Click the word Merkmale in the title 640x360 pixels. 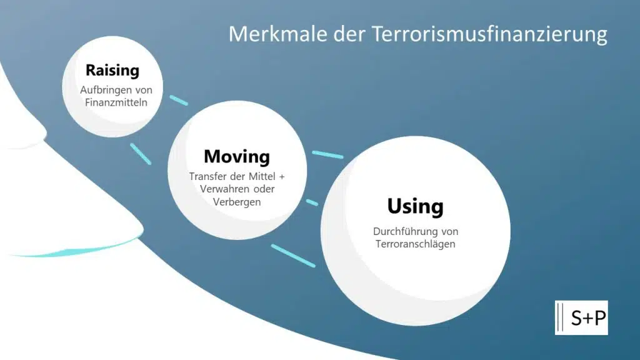click(278, 34)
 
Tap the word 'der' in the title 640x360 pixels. click(349, 34)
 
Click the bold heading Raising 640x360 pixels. click(112, 71)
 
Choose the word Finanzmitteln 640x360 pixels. click(116, 102)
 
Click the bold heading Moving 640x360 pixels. click(237, 157)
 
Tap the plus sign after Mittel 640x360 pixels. click(282, 177)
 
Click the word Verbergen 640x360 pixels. click(237, 202)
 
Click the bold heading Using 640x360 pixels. click(415, 206)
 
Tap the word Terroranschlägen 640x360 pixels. click(415, 244)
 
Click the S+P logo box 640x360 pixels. click(581, 317)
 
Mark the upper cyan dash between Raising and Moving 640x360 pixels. click(179, 100)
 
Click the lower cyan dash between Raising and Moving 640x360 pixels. click(141, 154)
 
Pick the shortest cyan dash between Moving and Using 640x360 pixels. click(312, 202)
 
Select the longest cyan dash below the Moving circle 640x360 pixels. click(293, 256)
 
